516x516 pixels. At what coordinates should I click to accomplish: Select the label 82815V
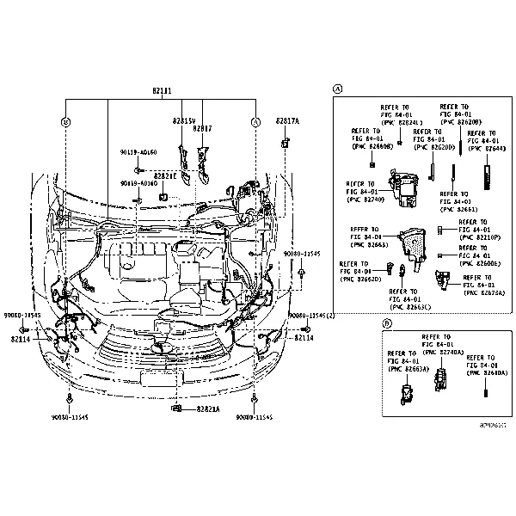click(184, 121)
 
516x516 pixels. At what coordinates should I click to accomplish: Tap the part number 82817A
click(287, 121)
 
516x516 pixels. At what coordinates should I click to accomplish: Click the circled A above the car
click(255, 122)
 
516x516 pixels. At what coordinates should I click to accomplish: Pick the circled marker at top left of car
click(66, 122)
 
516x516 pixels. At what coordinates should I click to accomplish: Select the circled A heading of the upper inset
click(338, 89)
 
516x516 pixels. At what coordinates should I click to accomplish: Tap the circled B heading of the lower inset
click(387, 323)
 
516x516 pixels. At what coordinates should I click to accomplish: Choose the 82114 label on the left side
click(21, 339)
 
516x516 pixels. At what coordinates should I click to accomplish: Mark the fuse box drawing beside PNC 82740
click(402, 187)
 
